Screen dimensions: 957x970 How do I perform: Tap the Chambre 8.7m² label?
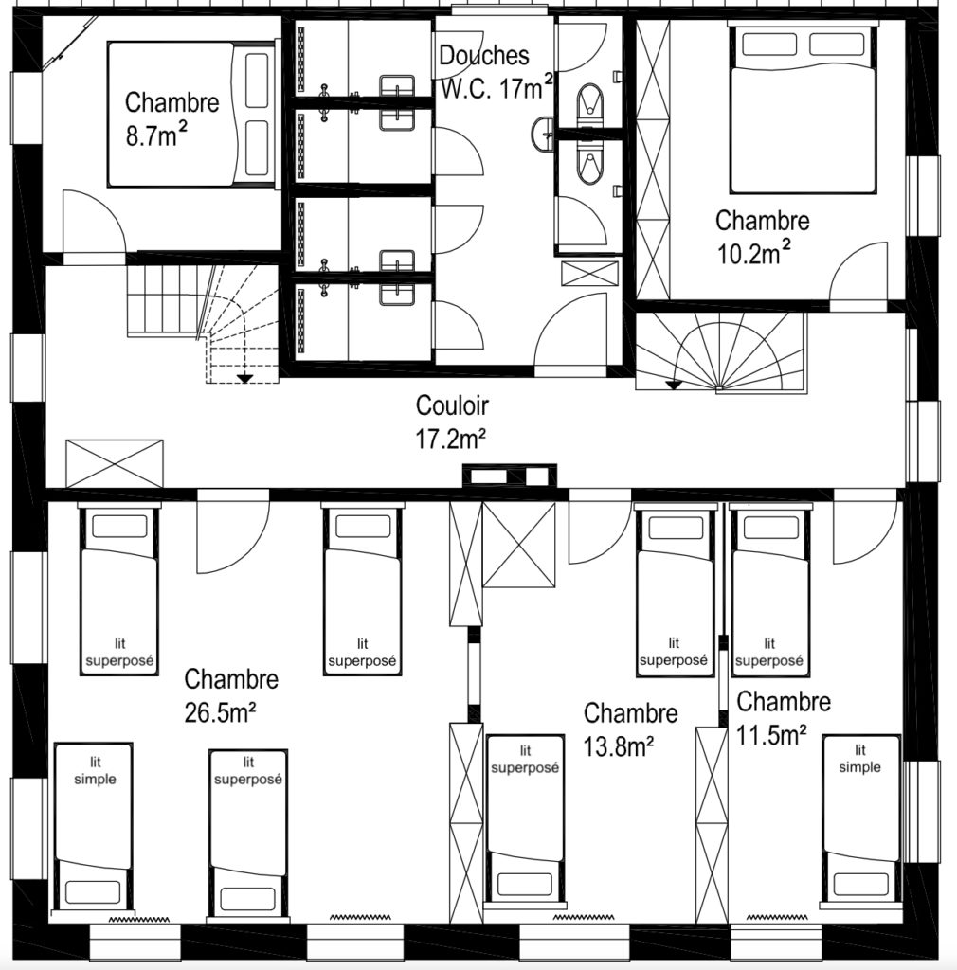[x=172, y=118]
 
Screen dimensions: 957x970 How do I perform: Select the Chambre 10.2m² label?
[x=762, y=237]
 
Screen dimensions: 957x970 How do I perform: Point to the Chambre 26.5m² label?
[x=231, y=695]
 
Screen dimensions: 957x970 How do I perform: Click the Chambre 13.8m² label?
[x=630, y=729]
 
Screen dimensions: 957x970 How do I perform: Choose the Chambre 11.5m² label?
[x=784, y=718]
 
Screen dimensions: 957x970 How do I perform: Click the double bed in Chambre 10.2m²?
[x=804, y=110]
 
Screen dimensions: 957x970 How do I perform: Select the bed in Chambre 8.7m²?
[x=190, y=114]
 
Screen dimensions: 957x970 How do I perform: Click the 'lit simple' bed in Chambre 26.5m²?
[x=94, y=827]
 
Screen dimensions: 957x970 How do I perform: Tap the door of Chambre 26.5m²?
[x=232, y=531]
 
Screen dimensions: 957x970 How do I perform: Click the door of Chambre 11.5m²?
[x=865, y=527]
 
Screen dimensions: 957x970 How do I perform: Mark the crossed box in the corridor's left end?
[x=115, y=463]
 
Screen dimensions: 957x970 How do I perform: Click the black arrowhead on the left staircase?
[x=245, y=378]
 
